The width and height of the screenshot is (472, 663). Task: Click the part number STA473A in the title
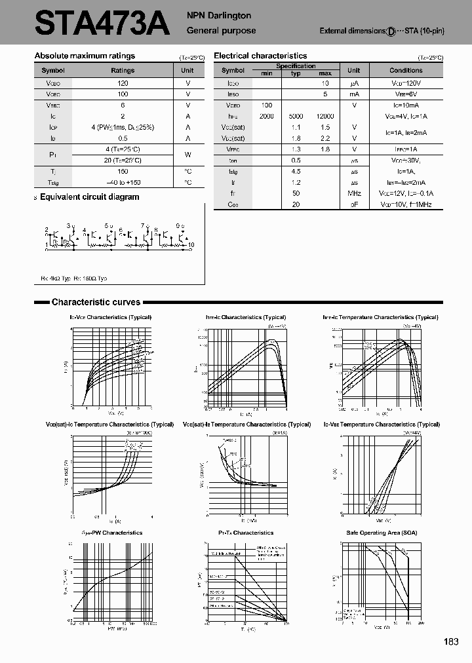(102, 24)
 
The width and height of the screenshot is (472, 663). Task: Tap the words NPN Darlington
(219, 16)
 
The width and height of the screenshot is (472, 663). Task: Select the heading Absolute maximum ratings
(85, 56)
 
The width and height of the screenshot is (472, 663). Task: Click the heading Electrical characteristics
(260, 56)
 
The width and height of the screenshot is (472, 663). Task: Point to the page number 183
(450, 642)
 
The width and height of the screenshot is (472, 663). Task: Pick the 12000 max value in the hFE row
(324, 116)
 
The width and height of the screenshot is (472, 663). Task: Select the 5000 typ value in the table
(296, 116)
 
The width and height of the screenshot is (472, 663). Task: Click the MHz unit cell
(354, 194)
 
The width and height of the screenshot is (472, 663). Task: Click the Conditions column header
(406, 70)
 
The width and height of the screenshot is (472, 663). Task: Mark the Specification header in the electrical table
(296, 66)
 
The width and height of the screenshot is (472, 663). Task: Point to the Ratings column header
(123, 70)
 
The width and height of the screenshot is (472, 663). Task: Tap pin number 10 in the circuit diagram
(191, 245)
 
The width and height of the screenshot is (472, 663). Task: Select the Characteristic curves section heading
(96, 302)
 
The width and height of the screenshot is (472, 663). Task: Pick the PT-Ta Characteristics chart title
(245, 533)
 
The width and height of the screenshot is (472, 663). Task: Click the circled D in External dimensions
(391, 31)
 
